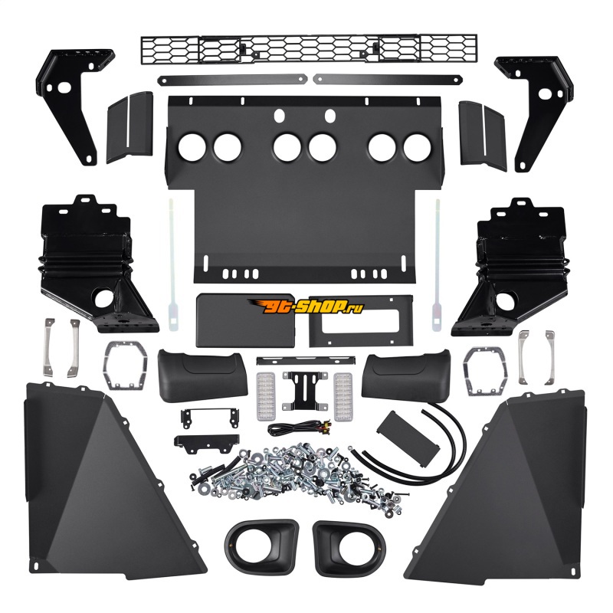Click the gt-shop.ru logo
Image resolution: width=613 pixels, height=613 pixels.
(305, 307)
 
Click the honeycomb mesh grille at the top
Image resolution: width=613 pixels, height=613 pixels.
(309, 49)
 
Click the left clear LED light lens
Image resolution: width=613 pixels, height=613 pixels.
(266, 396)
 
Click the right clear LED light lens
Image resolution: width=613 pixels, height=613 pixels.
(343, 395)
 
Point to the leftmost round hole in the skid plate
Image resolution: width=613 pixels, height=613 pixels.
(192, 147)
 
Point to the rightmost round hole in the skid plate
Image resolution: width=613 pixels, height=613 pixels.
(417, 148)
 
